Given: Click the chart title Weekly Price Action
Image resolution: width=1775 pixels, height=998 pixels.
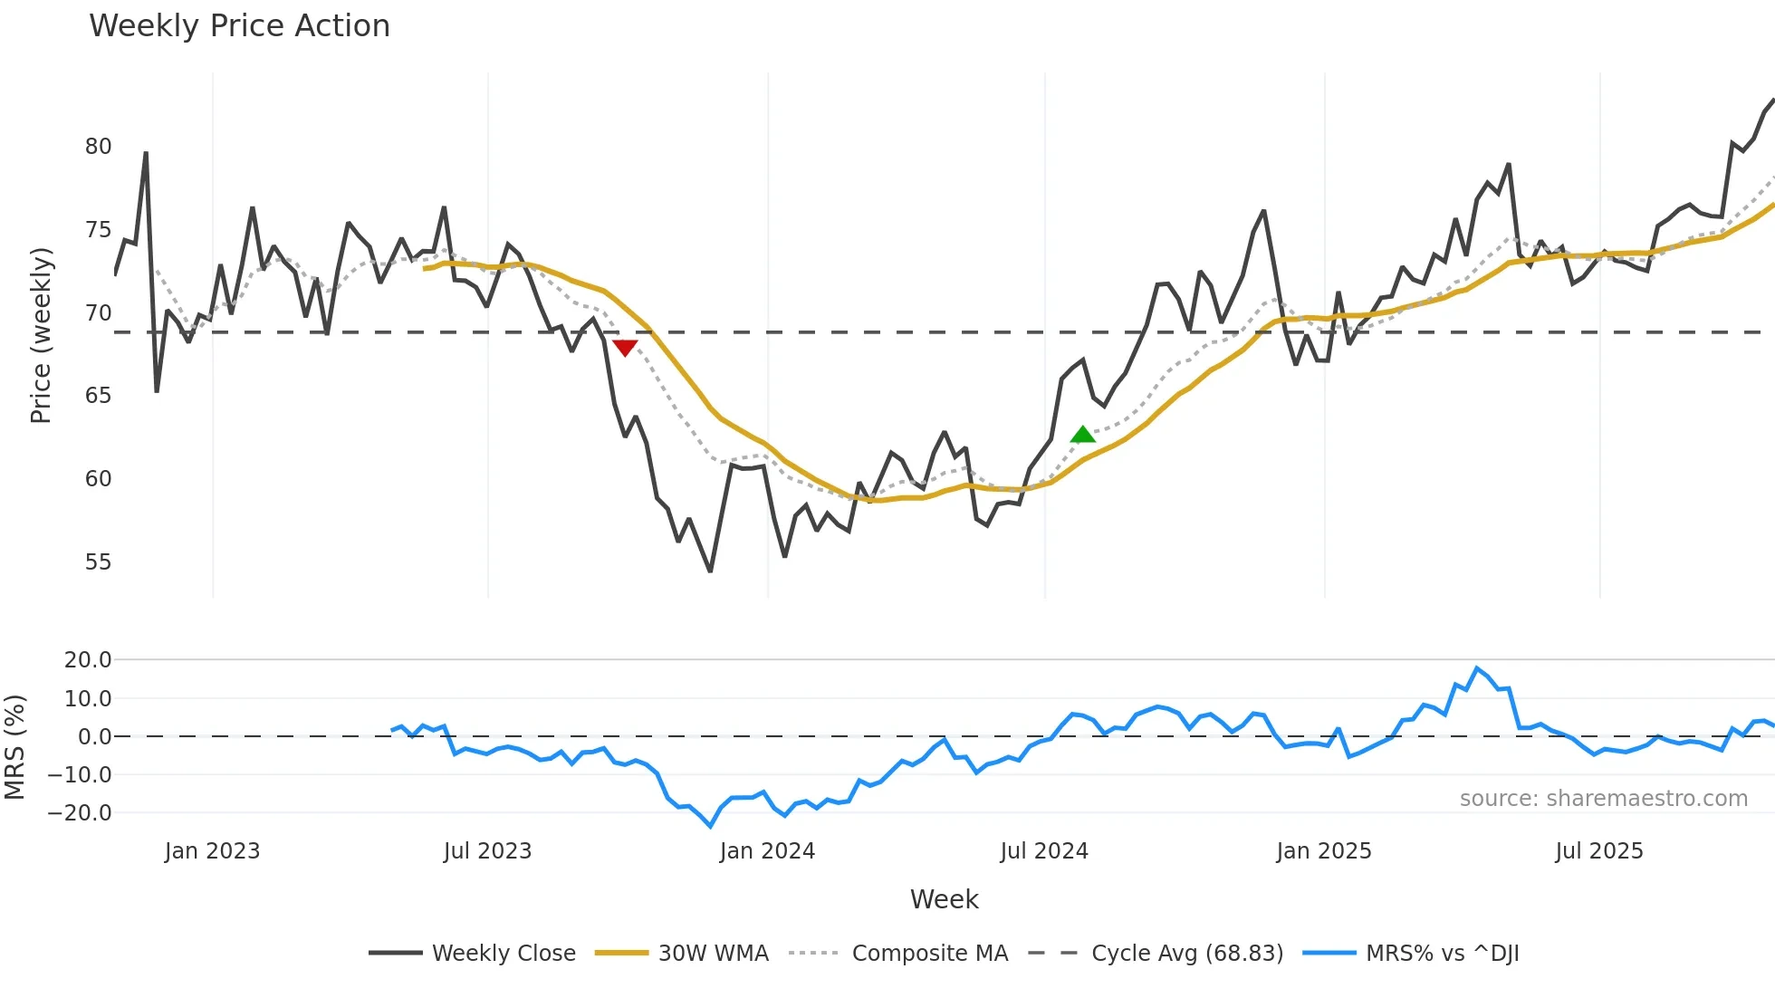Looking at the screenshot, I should tap(239, 26).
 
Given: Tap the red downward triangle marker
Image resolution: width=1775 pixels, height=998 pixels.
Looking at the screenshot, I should tap(625, 348).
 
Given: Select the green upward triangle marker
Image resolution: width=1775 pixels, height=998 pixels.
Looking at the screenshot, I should tap(1082, 435).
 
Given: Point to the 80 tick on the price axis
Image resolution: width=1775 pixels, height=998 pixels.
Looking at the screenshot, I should tap(98, 147).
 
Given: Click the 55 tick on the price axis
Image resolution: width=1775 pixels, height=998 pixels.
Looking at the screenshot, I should tap(98, 562).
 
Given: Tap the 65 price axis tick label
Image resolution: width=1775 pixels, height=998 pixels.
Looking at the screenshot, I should tap(98, 396).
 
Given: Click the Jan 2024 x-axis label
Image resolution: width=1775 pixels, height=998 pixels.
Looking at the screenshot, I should tap(767, 851).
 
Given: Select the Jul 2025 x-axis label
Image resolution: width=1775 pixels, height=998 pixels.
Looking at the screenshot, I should tap(1598, 851).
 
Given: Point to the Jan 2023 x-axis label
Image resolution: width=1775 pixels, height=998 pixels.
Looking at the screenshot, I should tap(212, 851).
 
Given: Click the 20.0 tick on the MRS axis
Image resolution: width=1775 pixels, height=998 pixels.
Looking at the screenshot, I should tap(88, 660).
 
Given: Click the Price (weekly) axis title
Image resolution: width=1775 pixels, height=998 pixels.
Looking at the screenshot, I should tap(41, 335).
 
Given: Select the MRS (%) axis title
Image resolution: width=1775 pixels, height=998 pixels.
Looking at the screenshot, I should tap(14, 747).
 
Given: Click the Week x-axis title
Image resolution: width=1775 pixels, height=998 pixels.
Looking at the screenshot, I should tap(944, 899).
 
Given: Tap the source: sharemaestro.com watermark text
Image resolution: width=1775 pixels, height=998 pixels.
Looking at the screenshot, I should tap(1603, 799).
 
